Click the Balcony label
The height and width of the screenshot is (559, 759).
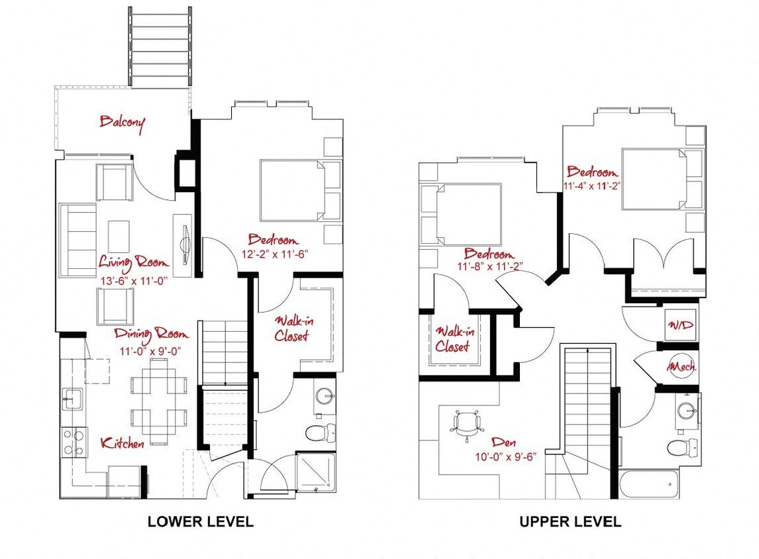point(122,123)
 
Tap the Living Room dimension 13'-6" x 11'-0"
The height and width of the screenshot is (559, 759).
point(134,281)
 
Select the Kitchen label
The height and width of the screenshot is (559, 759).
point(123,443)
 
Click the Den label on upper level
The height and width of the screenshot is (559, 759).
point(504,441)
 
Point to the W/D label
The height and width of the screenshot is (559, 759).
point(682,325)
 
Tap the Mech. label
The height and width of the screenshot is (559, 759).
point(682,366)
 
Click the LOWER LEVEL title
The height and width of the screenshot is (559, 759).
point(201,521)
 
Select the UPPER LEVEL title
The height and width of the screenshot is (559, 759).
point(570,521)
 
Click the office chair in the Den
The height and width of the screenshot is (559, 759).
point(467,425)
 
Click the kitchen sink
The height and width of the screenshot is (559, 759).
point(72,398)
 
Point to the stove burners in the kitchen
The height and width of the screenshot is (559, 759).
point(73,442)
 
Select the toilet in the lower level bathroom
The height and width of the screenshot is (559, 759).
point(321,432)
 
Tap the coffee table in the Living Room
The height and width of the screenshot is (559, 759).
point(119,236)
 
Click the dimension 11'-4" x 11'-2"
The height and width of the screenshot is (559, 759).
point(592,185)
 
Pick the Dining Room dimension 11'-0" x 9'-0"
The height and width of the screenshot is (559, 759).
point(150,351)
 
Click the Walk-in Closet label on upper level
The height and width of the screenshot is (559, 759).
point(454,339)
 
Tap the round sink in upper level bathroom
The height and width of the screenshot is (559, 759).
point(687,411)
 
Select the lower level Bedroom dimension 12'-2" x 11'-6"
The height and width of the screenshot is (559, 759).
point(275,254)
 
